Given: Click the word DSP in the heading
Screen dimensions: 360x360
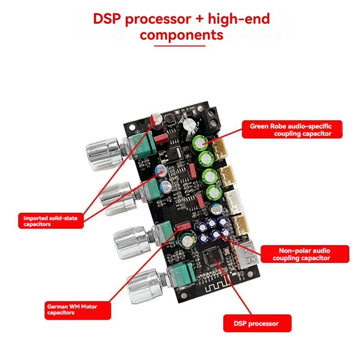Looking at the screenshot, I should point(107,19).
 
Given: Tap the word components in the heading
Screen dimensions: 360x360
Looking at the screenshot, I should point(181,35).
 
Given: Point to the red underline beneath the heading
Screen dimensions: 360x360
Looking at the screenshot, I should point(180,46).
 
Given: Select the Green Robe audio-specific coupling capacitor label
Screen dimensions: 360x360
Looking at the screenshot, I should point(292,130).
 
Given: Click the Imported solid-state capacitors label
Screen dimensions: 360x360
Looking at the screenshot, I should point(51,221).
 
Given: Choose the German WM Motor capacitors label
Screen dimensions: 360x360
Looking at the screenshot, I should point(78,310).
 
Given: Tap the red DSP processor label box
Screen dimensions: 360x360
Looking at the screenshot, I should point(257,323).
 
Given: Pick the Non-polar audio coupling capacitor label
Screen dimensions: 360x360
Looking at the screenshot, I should point(304,254).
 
